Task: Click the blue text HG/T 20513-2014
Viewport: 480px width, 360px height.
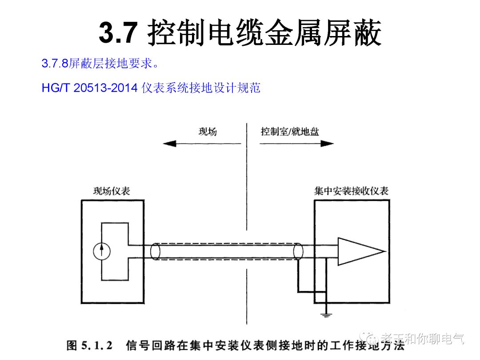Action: tap(89, 88)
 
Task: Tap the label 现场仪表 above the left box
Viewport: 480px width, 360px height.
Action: tap(112, 191)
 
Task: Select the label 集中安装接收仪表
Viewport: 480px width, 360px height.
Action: tap(351, 191)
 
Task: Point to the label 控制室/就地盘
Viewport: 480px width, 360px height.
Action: tap(290, 132)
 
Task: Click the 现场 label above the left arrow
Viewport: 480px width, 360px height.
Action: tap(208, 132)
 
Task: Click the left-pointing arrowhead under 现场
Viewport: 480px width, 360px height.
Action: tap(169, 144)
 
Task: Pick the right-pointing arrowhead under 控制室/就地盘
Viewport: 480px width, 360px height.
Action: tap(328, 144)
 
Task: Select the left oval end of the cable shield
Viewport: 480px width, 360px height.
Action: tap(155, 252)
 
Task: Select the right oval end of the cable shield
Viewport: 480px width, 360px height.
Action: tap(298, 252)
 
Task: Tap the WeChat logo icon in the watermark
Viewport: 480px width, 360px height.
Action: tap(369, 339)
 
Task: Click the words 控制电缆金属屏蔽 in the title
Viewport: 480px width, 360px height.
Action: tap(266, 32)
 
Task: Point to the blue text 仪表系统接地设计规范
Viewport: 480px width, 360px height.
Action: tap(201, 88)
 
